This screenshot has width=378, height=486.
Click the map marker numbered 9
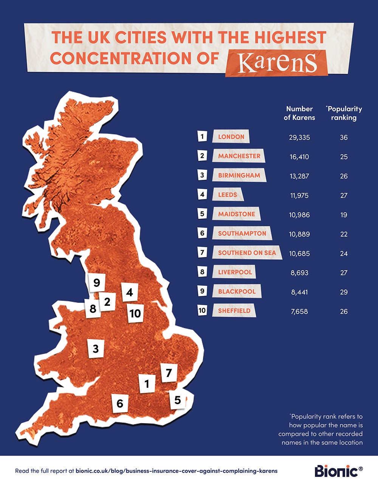[97, 282]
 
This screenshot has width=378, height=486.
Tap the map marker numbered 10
[135, 313]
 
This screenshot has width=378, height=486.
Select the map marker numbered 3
[96, 348]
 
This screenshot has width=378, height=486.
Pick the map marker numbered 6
[120, 403]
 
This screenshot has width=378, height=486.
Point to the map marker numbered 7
[169, 373]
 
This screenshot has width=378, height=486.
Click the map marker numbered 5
[178, 400]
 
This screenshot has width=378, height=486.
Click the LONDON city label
[231, 137]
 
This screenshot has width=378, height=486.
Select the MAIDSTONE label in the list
[236, 214]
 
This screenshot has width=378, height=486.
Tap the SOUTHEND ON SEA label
[247, 252]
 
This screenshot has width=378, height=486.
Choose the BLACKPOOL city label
[237, 291]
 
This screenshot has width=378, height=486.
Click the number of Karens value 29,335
[299, 137]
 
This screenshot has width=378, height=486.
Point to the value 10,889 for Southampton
[299, 234]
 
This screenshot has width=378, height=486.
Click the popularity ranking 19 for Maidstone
[344, 215]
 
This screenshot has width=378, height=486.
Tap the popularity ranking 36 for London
[344, 137]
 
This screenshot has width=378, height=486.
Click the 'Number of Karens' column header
[299, 113]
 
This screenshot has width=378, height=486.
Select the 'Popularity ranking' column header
[344, 113]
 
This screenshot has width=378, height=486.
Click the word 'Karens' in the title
[277, 63]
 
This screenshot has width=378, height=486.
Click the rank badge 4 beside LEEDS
[203, 195]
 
